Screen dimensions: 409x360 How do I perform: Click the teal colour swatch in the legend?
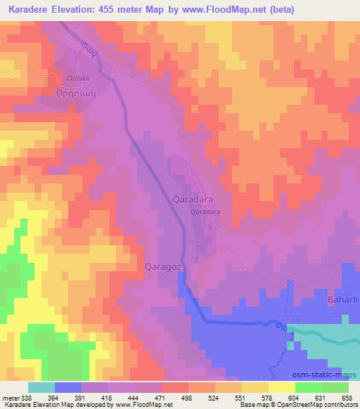41,387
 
